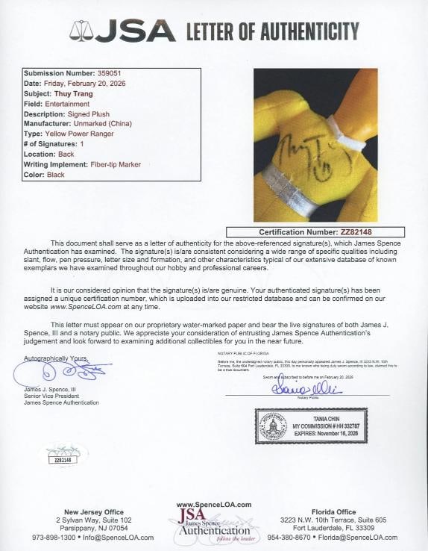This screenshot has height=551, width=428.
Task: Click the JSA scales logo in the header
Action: coord(81,31)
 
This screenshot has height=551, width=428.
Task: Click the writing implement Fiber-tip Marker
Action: coord(111,164)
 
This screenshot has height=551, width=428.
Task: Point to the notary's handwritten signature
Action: coord(306,388)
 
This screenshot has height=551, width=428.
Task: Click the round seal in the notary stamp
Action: coord(273,426)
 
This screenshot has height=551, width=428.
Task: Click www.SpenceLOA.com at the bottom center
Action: coord(213,504)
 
